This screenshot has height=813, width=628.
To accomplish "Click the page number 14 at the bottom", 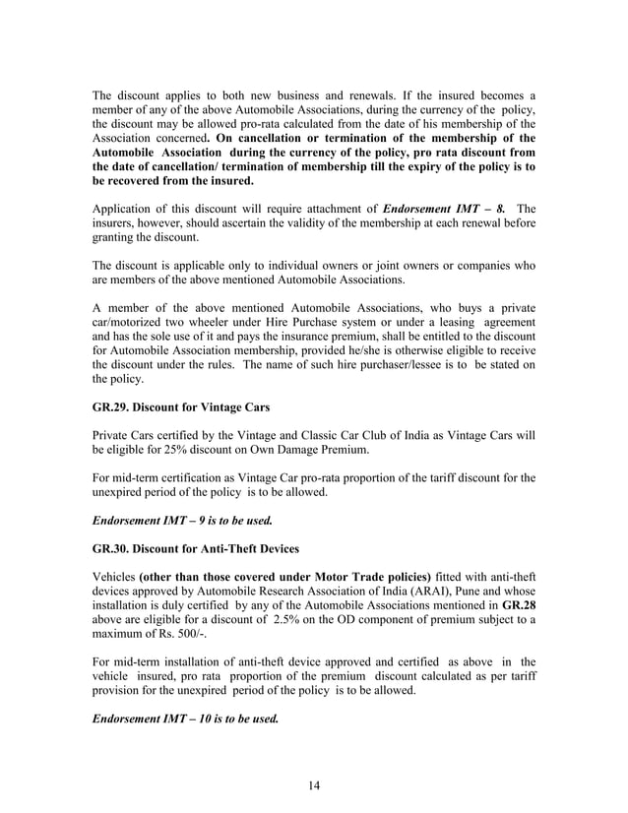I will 314,784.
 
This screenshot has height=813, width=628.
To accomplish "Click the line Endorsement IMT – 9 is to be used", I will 181,519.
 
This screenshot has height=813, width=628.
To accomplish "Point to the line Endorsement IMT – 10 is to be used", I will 185,719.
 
